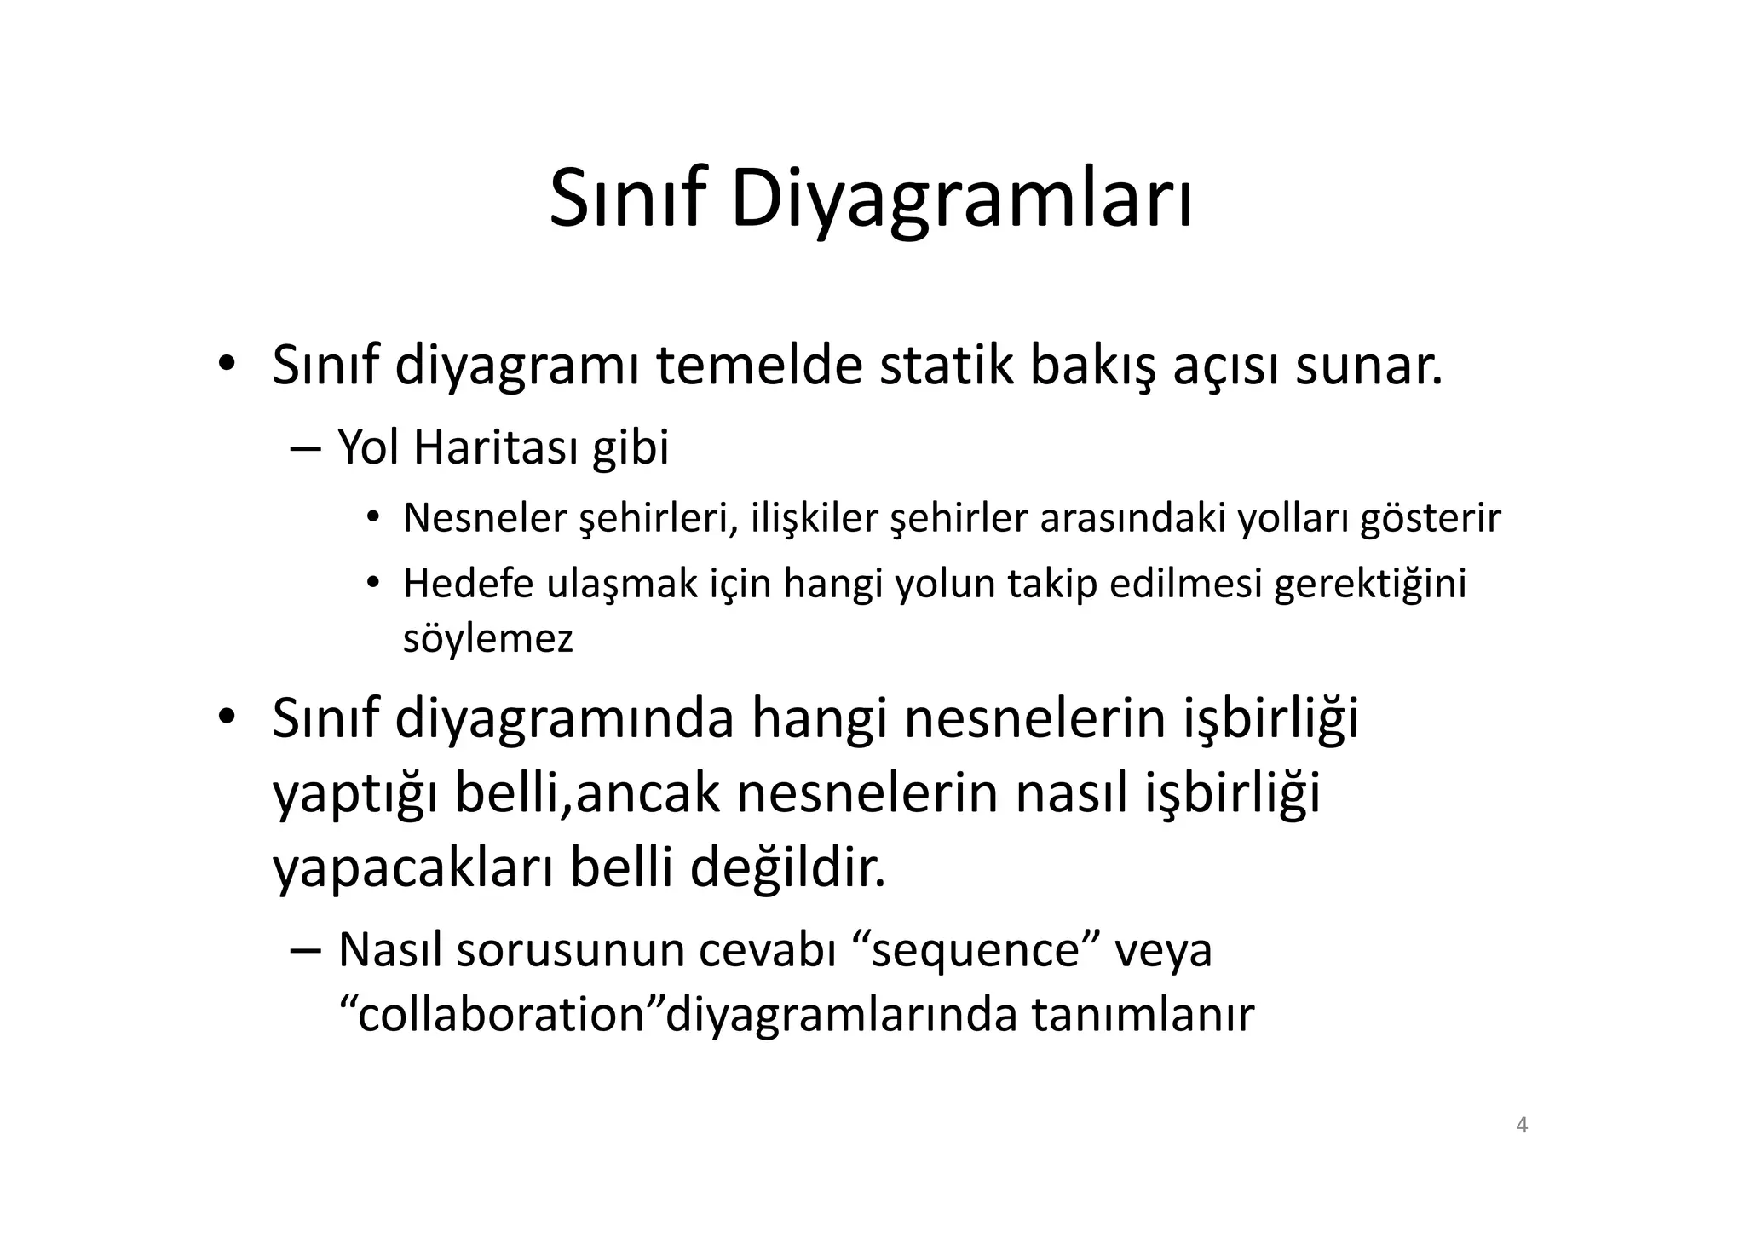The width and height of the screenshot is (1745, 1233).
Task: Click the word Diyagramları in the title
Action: [961, 199]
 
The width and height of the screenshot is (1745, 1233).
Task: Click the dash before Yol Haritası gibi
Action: [304, 448]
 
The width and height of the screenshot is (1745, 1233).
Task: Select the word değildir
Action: [787, 867]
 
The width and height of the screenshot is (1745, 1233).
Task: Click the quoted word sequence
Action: [976, 949]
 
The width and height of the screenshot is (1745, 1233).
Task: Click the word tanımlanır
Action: [1143, 1014]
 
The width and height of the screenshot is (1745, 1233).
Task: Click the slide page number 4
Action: [1522, 1126]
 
